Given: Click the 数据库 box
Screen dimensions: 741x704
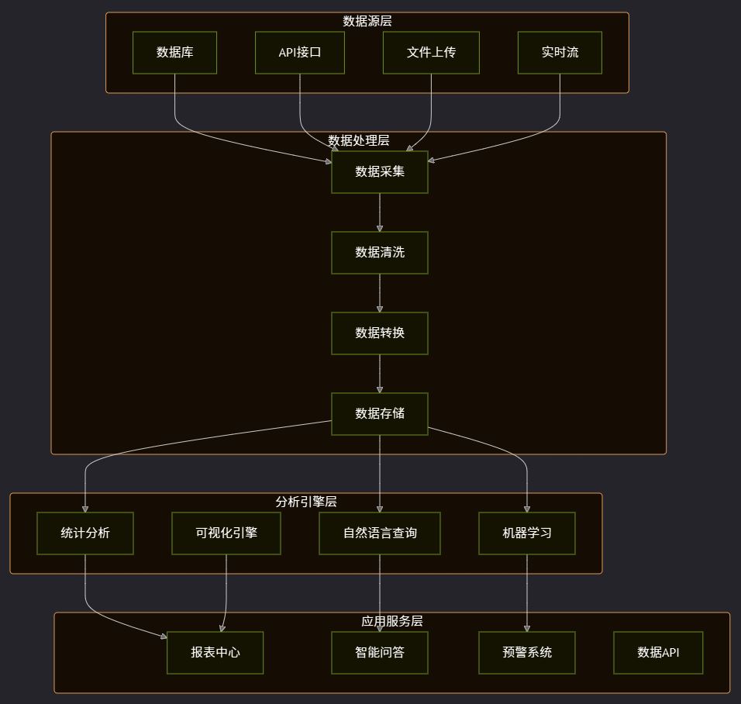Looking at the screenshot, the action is click(x=174, y=53).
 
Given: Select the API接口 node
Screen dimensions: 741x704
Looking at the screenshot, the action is click(x=300, y=53).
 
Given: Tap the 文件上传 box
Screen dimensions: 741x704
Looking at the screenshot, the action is click(x=431, y=53).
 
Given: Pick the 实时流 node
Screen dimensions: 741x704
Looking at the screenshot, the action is click(x=560, y=53).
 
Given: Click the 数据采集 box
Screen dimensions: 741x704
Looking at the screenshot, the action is click(x=380, y=172).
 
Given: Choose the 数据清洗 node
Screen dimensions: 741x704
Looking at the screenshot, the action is click(x=380, y=253).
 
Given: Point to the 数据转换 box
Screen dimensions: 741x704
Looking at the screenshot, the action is click(x=380, y=333).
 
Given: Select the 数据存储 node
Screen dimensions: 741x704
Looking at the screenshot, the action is click(x=380, y=414).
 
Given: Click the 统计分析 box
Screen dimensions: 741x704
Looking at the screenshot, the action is click(x=85, y=533).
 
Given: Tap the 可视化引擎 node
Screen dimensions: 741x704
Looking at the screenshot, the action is click(x=226, y=533).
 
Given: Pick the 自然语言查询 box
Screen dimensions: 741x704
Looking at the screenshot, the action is click(x=380, y=533).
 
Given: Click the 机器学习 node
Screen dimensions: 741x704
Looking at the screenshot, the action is click(x=527, y=533).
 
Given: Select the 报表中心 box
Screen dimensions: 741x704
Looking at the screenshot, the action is click(x=215, y=653).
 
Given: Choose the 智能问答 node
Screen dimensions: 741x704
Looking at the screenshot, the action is click(x=380, y=653).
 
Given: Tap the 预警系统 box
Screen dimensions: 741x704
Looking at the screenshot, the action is click(x=527, y=653).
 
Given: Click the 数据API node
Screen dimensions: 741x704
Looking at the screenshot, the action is click(x=658, y=653).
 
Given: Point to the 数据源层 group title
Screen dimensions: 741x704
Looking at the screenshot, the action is click(x=367, y=21).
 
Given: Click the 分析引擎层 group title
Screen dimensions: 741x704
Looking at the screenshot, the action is click(x=306, y=502).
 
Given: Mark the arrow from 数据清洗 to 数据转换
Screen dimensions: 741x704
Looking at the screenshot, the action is click(x=380, y=293).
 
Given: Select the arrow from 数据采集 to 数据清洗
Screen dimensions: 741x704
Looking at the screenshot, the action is click(x=380, y=212).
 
